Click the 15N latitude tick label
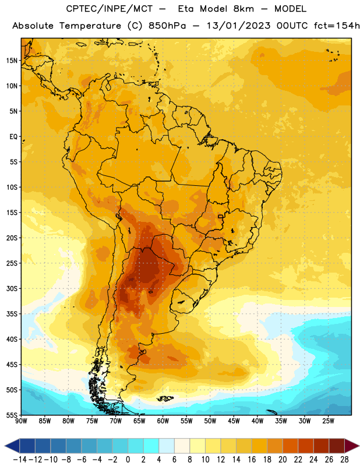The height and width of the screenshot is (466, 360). point(12,61)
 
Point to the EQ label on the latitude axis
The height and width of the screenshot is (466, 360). point(13,137)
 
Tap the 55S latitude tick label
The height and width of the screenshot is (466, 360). point(12,415)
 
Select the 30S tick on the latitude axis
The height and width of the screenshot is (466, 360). point(12,288)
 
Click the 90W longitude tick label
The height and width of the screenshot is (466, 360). point(22,421)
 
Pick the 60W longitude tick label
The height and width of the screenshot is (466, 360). point(163,421)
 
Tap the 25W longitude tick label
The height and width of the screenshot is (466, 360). point(328,421)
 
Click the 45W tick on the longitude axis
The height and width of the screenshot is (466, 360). point(234,421)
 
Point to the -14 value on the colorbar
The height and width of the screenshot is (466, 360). point(20,460)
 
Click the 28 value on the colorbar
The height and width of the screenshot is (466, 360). point(344,460)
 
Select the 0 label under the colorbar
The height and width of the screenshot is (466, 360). point(128,460)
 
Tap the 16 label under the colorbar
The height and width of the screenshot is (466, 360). point(252,460)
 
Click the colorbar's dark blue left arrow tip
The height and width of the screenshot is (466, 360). point(5,446)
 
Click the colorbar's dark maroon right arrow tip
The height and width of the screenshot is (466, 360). point(359,446)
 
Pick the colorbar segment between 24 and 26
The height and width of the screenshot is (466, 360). point(322,446)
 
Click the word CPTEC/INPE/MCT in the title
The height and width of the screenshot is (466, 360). point(110,9)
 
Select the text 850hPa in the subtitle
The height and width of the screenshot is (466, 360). point(167,26)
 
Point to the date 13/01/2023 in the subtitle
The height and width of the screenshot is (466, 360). point(238,26)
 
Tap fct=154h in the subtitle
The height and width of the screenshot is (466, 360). point(337,26)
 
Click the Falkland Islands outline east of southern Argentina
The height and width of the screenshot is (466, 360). point(165,398)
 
